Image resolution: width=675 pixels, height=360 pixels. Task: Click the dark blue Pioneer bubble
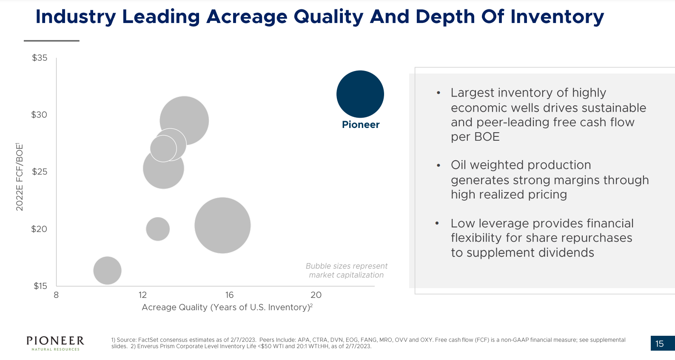(360, 94)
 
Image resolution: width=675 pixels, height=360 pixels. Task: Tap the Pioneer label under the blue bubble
(361, 125)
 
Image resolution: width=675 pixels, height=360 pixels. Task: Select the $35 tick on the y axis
(40, 58)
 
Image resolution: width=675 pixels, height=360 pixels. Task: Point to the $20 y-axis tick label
(39, 229)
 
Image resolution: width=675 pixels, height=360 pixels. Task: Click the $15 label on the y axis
(40, 286)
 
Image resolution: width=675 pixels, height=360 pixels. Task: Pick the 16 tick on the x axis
(229, 295)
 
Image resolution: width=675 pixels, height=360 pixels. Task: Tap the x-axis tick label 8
(56, 295)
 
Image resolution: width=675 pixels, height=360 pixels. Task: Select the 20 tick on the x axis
(316, 295)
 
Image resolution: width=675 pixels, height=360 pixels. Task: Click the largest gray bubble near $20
(222, 225)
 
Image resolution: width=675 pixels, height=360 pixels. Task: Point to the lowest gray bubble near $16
(107, 270)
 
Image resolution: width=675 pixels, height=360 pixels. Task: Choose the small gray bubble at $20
(158, 229)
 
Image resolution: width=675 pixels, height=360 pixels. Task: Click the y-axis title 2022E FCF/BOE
(20, 177)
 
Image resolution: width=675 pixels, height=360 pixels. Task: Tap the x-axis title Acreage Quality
(227, 307)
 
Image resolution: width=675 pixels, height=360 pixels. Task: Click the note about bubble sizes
(346, 270)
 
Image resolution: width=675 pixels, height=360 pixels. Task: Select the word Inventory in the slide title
(557, 17)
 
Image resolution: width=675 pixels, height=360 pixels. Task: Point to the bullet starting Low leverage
(542, 238)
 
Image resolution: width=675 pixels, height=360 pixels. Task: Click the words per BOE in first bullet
(475, 137)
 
